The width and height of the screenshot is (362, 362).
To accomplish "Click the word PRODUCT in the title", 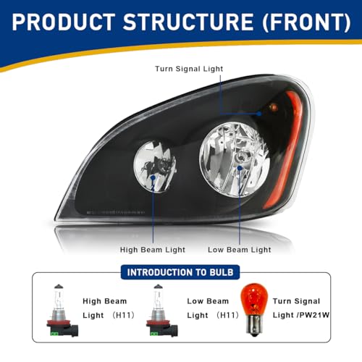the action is tap(64, 22).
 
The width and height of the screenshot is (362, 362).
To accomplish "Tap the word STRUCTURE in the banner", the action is tap(188, 22).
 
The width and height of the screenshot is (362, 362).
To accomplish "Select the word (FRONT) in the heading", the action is tap(306, 22).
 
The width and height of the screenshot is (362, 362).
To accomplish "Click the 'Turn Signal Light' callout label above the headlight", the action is tap(189, 69).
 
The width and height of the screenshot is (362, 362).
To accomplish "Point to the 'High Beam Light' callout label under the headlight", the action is tap(153, 250).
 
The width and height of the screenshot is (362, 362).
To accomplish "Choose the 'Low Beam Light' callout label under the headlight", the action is tap(240, 250).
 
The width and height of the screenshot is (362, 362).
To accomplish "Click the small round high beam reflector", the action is tap(155, 167).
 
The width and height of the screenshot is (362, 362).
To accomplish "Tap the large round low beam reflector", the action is tap(235, 159).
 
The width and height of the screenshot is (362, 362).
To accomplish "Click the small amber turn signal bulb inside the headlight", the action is tap(274, 106).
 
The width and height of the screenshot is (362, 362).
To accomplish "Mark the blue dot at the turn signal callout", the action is tap(259, 114).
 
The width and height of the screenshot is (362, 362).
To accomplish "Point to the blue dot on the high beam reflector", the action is tap(153, 177).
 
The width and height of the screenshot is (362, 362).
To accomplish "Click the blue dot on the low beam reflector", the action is tap(240, 168).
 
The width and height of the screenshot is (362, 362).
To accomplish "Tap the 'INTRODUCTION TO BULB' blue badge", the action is tap(180, 272).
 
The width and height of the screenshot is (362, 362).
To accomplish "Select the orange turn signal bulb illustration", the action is tap(254, 309).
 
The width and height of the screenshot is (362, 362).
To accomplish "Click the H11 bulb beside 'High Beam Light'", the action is tap(62, 311).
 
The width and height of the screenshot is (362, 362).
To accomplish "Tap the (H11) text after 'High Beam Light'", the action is tap(123, 315).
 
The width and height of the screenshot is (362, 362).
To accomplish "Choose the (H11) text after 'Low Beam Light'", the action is tap(227, 315).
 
